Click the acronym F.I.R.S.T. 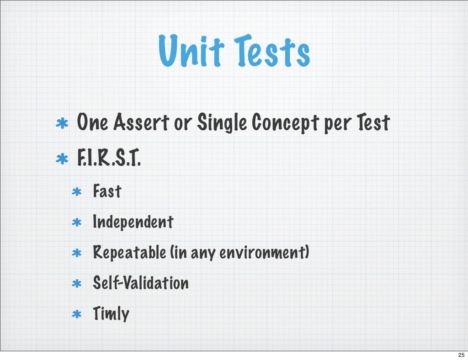click(x=109, y=159)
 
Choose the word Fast click(x=107, y=191)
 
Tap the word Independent click(x=133, y=222)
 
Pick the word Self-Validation click(x=141, y=283)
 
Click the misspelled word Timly click(x=111, y=314)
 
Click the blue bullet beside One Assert click(x=62, y=124)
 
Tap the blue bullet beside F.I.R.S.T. click(x=62, y=159)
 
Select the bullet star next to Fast click(x=77, y=192)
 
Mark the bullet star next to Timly click(x=77, y=315)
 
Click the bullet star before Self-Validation click(x=77, y=284)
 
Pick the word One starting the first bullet click(x=93, y=122)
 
